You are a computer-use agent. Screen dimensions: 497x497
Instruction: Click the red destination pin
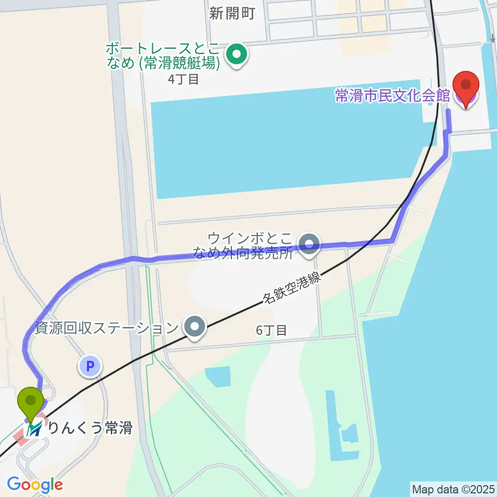pos(465,88)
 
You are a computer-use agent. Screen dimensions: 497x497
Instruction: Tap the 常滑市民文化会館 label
pos(392,96)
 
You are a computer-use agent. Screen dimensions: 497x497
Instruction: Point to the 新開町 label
pos(232,13)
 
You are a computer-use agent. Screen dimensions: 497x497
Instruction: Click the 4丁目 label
pos(183,79)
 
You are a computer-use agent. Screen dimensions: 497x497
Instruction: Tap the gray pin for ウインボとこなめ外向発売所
pos(310,243)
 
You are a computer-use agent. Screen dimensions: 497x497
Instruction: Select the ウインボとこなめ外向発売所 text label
pos(251,246)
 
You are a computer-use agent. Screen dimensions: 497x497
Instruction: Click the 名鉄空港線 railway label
pos(291,289)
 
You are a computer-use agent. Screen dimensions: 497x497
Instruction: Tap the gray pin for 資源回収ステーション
pos(196,327)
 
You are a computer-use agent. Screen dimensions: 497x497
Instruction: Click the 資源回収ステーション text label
pos(106,328)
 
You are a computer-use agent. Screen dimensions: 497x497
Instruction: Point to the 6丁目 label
pos(271,330)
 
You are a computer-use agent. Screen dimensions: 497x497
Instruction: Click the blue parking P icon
pos(90,367)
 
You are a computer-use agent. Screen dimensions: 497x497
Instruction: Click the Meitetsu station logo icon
pos(35,429)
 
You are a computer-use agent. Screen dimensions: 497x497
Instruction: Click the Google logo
pos(35,485)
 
